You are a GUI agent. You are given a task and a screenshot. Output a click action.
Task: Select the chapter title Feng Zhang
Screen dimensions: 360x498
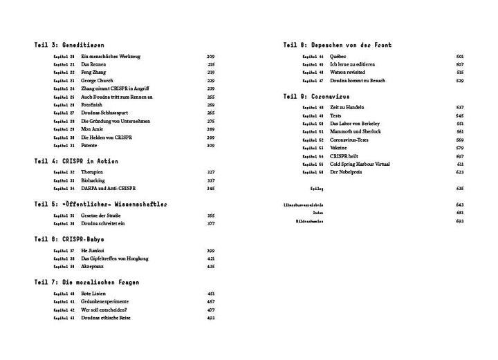(x=93, y=72)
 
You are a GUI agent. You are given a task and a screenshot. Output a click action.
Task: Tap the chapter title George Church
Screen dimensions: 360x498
(x=96, y=80)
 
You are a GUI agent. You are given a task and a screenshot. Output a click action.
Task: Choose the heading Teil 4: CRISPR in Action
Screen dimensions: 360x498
(x=68, y=160)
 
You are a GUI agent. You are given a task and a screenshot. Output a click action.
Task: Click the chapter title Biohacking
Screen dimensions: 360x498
(x=93, y=180)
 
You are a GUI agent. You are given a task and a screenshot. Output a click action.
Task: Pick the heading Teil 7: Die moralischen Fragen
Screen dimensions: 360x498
(x=78, y=282)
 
